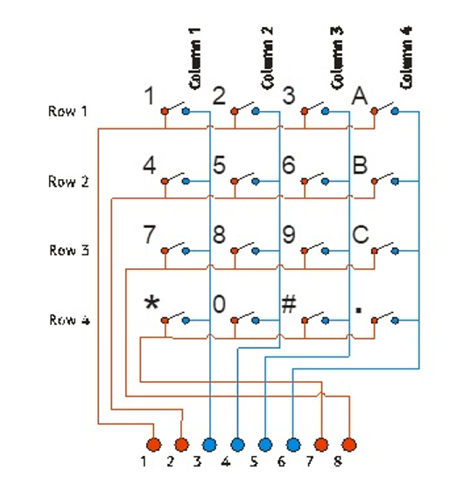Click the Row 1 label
click(x=68, y=112)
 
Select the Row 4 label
click(x=68, y=320)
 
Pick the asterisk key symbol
click(x=152, y=304)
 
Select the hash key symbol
click(x=289, y=304)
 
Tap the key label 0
click(x=220, y=304)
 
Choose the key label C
click(x=359, y=234)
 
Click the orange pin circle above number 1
click(x=153, y=445)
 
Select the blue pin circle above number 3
click(x=209, y=445)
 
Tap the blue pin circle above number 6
click(x=293, y=445)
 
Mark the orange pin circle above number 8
click(x=349, y=445)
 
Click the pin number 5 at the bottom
click(x=253, y=461)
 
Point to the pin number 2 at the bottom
click(x=171, y=461)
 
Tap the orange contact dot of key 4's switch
click(x=165, y=182)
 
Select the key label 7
click(x=150, y=234)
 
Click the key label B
click(x=359, y=165)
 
